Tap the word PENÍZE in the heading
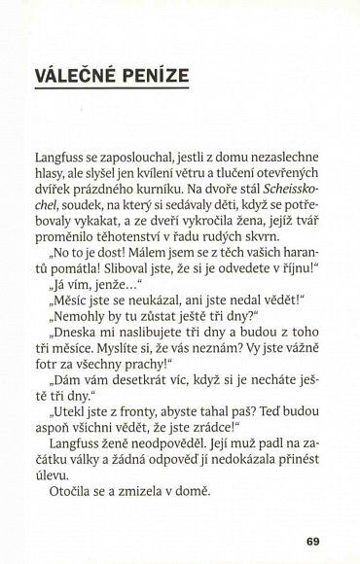point(154,76)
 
